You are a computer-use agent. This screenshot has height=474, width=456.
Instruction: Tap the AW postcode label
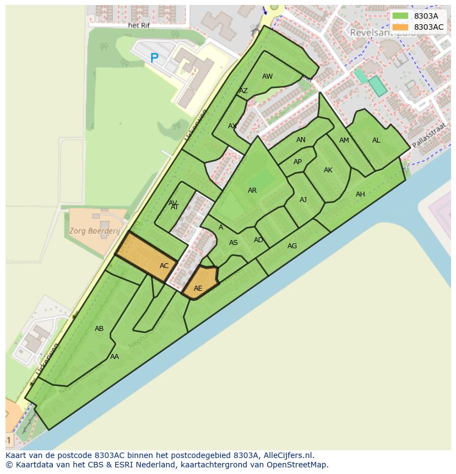[267, 77]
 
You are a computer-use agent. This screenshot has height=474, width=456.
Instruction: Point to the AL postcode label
[376, 140]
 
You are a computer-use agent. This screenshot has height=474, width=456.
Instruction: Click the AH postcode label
[360, 194]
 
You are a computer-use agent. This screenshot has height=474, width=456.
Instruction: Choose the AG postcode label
[292, 246]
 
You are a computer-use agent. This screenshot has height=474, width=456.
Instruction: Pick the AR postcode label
[252, 190]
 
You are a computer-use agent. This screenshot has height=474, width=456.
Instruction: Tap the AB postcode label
[99, 329]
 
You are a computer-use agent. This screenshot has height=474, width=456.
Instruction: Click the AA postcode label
[115, 357]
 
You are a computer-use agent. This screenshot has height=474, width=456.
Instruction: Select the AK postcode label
[328, 170]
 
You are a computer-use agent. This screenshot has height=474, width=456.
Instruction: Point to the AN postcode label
[301, 140]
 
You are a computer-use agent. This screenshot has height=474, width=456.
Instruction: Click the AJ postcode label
[303, 200]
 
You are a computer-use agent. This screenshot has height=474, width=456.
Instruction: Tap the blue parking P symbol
[154, 57]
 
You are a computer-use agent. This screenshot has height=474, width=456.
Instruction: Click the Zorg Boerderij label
[94, 231]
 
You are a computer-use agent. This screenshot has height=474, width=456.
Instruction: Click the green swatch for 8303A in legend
[400, 16]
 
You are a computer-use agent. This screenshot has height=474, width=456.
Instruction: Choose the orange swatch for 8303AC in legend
[400, 27]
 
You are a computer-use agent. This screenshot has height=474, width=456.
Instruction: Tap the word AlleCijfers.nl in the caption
[286, 455]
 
